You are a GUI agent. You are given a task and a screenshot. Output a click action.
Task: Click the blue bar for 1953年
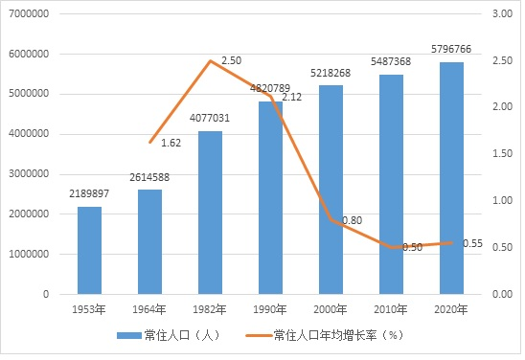point(89,250)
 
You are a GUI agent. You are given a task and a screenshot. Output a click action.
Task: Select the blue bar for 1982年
point(210,213)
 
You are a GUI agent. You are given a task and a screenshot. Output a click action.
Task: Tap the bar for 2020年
point(451,178)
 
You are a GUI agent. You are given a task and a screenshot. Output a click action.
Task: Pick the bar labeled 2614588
point(149,242)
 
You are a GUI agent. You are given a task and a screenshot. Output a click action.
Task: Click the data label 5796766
point(451,49)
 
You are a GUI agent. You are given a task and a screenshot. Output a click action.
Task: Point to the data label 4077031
point(210,118)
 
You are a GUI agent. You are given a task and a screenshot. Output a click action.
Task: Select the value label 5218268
point(331,73)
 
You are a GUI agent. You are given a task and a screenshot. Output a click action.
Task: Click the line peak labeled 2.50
point(210,61)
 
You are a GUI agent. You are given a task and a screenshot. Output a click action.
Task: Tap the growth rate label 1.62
point(171,144)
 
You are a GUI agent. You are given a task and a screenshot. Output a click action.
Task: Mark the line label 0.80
point(353,220)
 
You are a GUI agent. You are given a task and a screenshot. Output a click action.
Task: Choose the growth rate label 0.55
point(472,243)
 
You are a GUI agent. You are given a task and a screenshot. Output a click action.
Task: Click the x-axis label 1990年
point(270,309)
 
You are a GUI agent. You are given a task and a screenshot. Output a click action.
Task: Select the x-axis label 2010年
point(391,309)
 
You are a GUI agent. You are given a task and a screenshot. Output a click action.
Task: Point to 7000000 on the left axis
point(29,13)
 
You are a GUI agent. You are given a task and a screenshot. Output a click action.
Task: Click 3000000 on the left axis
point(29,174)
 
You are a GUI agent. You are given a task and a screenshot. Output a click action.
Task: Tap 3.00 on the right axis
point(502,13)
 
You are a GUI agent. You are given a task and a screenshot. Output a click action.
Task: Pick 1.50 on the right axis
point(502,153)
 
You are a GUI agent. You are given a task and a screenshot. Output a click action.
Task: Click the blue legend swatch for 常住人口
point(129,335)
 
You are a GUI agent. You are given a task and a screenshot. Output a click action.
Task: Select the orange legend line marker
point(260,335)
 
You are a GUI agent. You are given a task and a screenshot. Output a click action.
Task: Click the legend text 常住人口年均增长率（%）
point(339,335)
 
